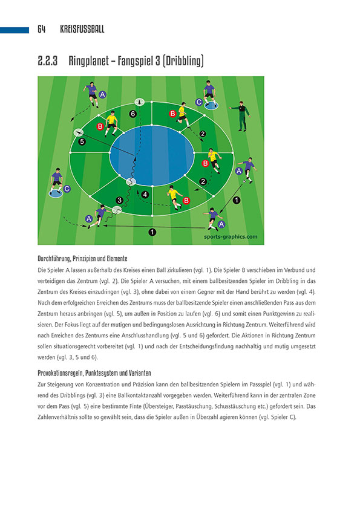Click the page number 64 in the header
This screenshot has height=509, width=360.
pos(41,29)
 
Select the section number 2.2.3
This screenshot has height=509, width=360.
pos(47,61)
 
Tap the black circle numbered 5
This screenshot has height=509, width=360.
pos(82,141)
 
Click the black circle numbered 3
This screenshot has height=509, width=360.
pos(120,199)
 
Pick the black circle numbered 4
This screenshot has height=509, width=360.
pos(145,194)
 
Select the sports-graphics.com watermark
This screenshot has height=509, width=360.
pos(235,237)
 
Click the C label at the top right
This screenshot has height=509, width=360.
pos(198,102)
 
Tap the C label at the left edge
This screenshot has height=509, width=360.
pos(67,189)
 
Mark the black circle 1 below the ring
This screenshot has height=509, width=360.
pos(152,231)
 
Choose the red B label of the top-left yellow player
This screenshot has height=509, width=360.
pos(100,126)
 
